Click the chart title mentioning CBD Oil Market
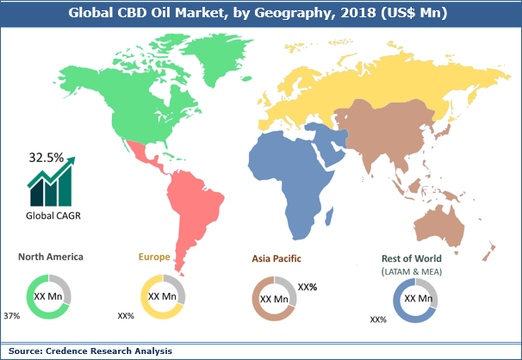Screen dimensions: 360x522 (260, 11)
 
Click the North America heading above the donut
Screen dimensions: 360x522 (53, 257)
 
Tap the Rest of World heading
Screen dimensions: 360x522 (411, 257)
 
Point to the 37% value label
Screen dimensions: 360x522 (13, 316)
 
